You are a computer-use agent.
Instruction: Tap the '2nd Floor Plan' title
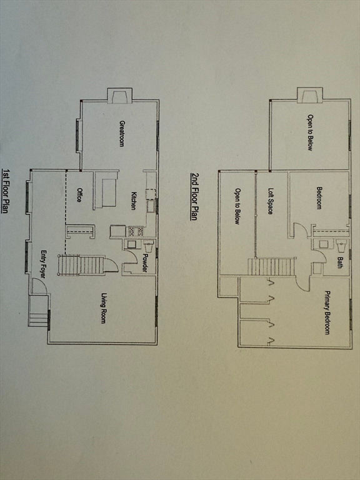point(194,196)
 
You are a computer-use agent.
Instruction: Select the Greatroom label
point(121,134)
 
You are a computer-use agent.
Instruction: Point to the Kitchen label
point(134,201)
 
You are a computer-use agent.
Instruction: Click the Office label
point(79,195)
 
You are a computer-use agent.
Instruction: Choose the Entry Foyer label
point(44,264)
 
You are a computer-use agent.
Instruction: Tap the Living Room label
point(104,308)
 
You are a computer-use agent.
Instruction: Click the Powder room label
point(145,263)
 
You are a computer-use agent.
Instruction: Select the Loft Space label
point(271,201)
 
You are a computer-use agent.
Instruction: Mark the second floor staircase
point(271,267)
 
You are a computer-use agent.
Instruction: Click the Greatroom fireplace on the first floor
point(120,96)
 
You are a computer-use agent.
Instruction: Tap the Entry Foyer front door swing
point(39,287)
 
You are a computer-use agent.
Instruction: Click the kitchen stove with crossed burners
point(136,231)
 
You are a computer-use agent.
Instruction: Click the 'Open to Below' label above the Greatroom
point(310,132)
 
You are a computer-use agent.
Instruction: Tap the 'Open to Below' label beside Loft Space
point(237,206)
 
